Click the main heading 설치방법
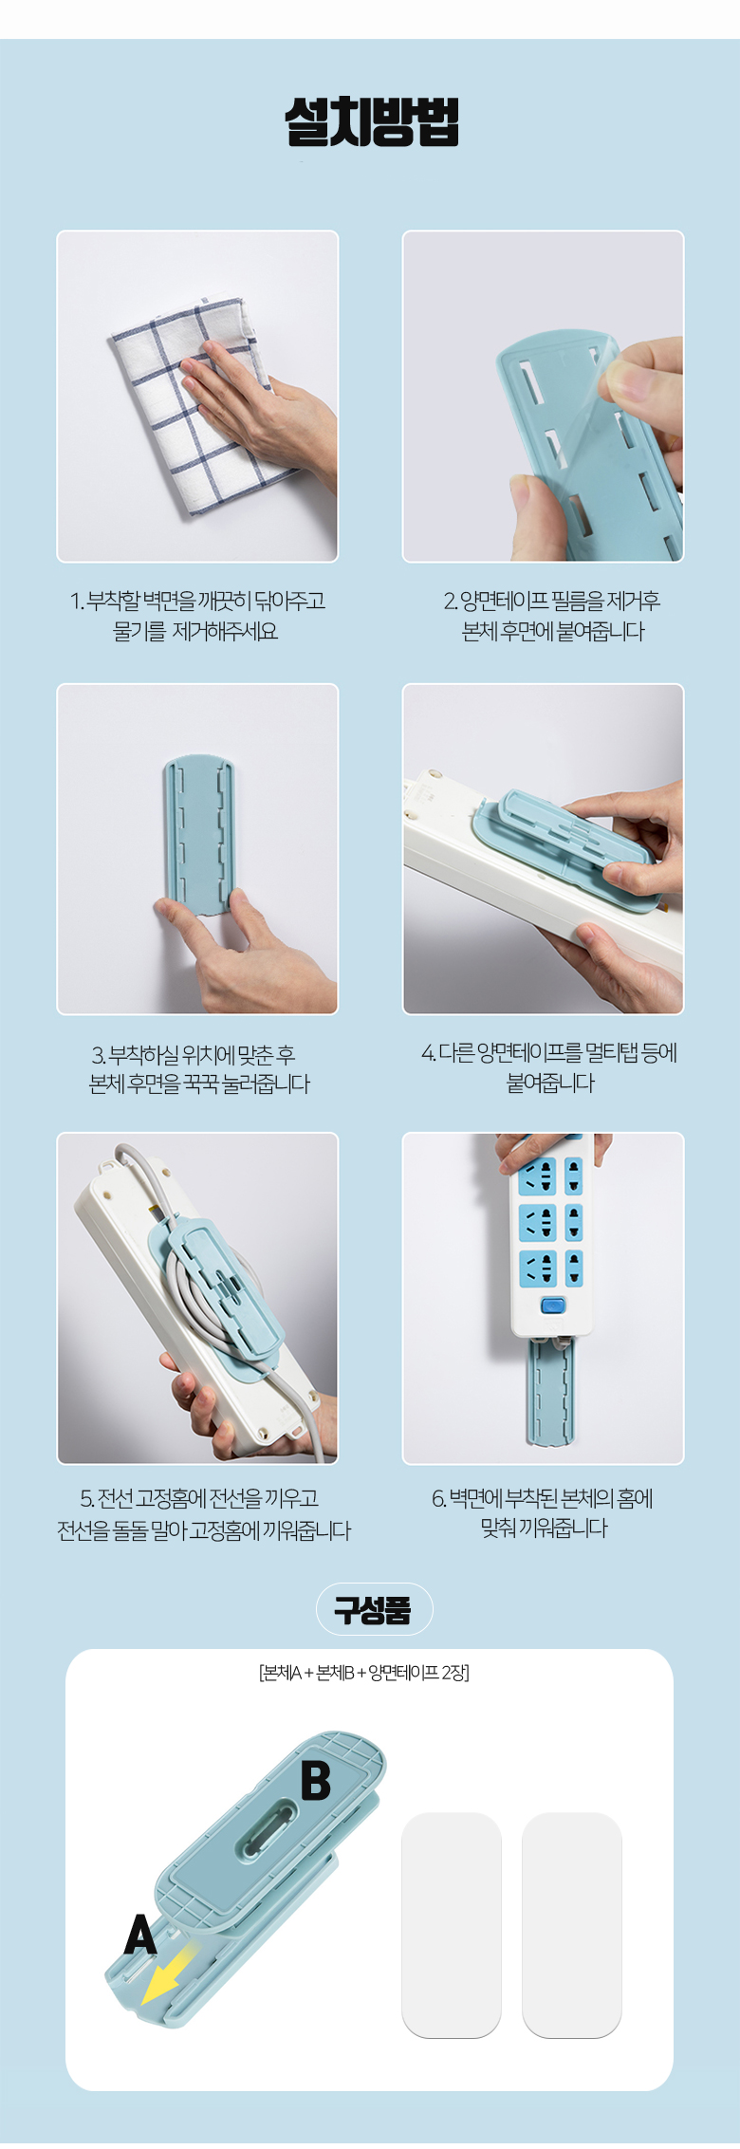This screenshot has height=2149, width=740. click(372, 121)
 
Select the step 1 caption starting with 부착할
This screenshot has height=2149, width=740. click(197, 616)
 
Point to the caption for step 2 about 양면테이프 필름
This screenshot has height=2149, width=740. click(552, 616)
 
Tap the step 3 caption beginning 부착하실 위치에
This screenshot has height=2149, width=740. click(199, 1069)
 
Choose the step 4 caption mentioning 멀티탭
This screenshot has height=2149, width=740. click(550, 1067)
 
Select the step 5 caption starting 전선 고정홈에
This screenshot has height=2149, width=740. click(204, 1514)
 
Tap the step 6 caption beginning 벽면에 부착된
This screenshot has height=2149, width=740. click(544, 1513)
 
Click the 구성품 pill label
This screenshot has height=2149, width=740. click(374, 1609)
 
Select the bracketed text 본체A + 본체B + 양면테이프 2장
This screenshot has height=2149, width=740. click(364, 1673)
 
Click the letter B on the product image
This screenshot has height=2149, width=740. click(316, 1781)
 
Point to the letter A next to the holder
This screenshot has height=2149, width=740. click(140, 1935)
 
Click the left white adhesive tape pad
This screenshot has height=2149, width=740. click(452, 1925)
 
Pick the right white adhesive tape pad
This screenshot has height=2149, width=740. click(572, 1925)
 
